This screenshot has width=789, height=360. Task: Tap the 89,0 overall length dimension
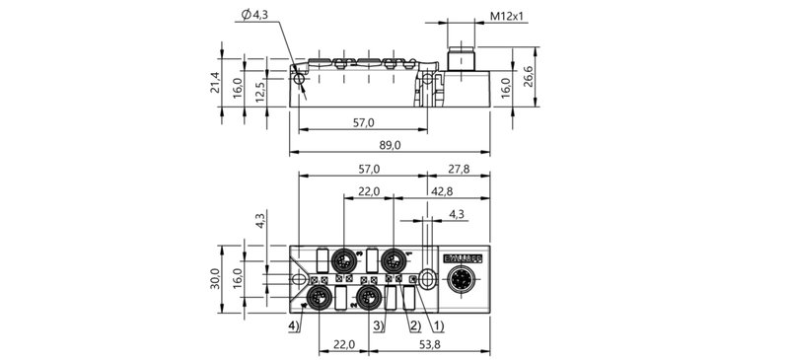click(391, 144)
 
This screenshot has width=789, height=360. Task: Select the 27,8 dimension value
click(460, 168)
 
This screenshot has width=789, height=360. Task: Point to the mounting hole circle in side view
click(300, 78)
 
